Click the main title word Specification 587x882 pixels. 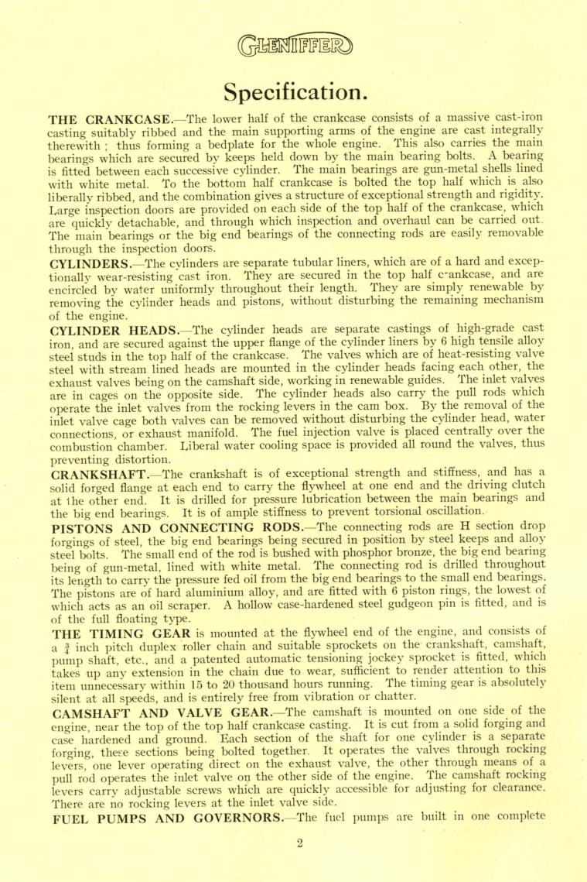pos(294,91)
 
